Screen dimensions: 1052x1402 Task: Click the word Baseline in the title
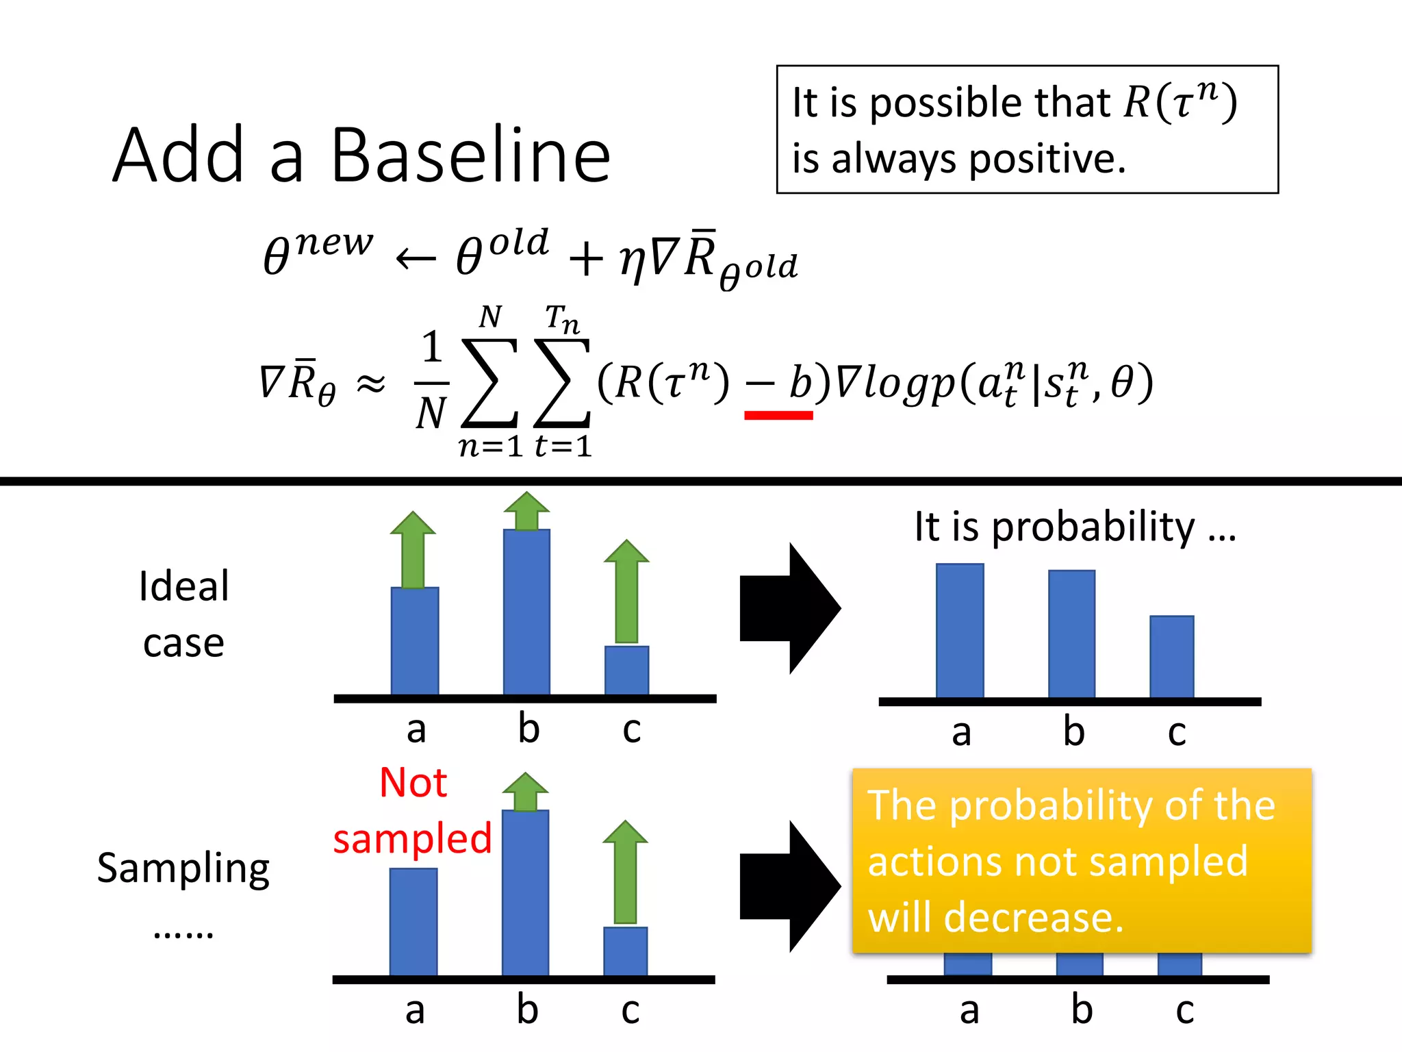(x=470, y=156)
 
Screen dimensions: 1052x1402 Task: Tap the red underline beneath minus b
(x=778, y=415)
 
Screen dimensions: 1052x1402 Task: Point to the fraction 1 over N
(x=431, y=380)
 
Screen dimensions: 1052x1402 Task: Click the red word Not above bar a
(x=413, y=782)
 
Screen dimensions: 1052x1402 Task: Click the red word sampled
(x=412, y=838)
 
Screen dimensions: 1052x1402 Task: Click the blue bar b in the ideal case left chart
(x=526, y=612)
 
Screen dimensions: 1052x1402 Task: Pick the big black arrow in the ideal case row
(x=790, y=608)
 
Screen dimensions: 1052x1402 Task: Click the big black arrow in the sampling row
(x=790, y=886)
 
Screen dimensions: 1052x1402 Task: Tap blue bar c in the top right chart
(x=1171, y=656)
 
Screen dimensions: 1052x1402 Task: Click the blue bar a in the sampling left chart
(x=413, y=921)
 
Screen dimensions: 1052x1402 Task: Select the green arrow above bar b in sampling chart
(x=525, y=792)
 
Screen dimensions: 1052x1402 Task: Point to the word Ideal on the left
(x=183, y=586)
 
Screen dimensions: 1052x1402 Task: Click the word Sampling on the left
(x=183, y=868)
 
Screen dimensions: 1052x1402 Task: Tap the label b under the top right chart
(x=1073, y=732)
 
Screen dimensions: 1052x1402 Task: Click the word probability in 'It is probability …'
(x=1093, y=527)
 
